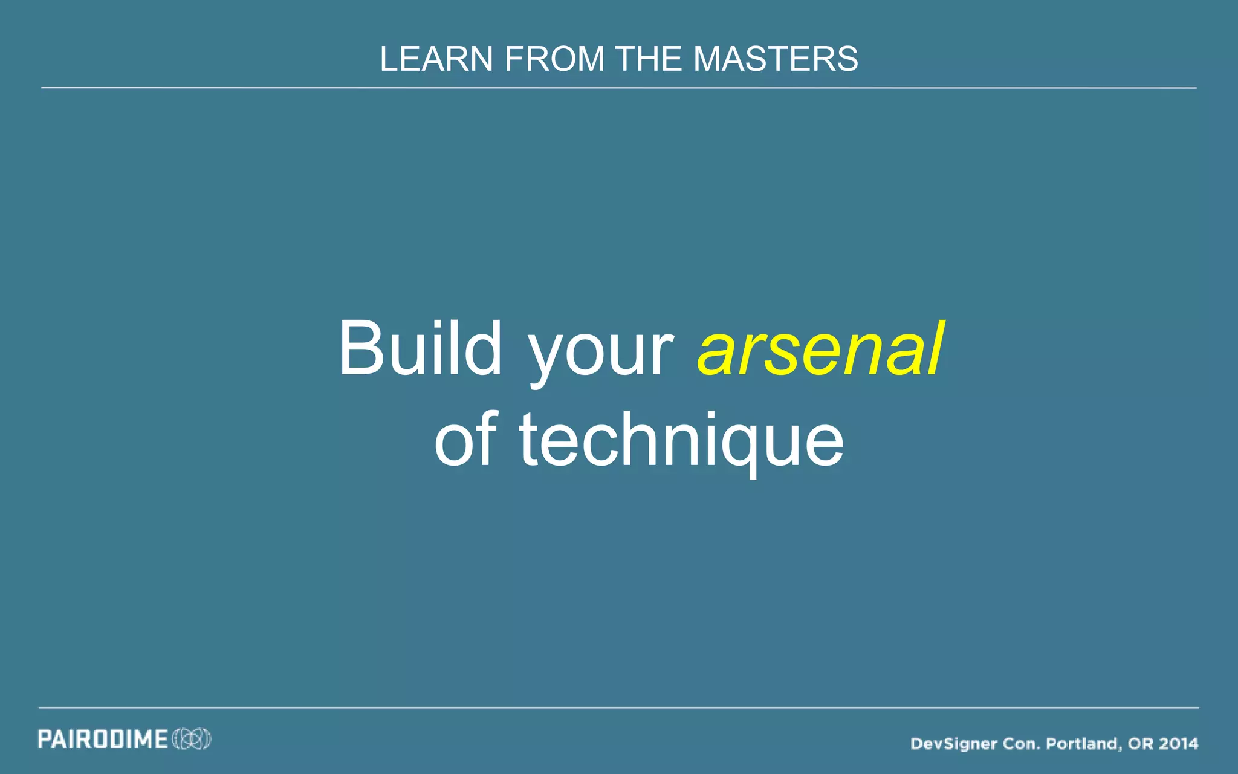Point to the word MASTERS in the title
tap(776, 59)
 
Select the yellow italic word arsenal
tap(820, 349)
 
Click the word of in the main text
tap(466, 440)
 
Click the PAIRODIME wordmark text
tap(103, 739)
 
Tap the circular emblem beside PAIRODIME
tap(192, 739)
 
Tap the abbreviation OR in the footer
tap(1140, 743)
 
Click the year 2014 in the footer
tap(1179, 743)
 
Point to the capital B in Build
tap(361, 349)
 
